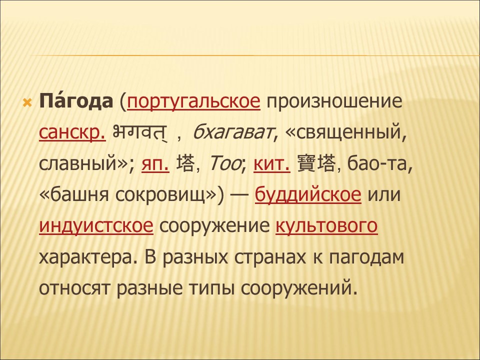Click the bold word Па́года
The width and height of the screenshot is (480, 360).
pos(76,102)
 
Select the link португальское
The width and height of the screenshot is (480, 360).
pos(194,102)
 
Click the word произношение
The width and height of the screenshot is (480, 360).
pos(334,102)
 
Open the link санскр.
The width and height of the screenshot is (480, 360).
pos(72,133)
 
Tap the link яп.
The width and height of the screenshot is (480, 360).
pos(155,164)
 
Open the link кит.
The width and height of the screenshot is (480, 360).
pos(272,164)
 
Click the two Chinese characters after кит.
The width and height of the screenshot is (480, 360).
pos(315,164)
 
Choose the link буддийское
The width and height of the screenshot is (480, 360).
pos(308,195)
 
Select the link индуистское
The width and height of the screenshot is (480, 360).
pos(96,226)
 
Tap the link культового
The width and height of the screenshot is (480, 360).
pos(326,226)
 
